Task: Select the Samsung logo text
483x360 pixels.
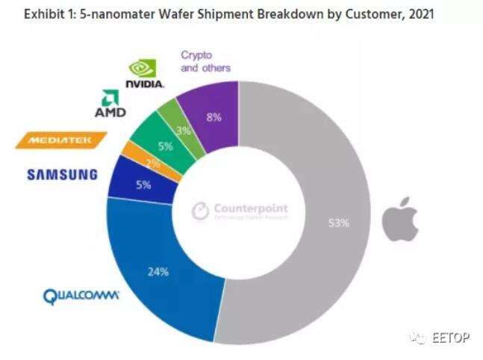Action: point(63,175)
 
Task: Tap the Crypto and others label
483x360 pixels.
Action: point(205,61)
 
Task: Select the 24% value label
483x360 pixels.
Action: point(158,272)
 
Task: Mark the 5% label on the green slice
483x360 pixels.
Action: point(165,146)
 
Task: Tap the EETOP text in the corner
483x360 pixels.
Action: point(450,338)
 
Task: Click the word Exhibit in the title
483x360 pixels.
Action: point(28,13)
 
